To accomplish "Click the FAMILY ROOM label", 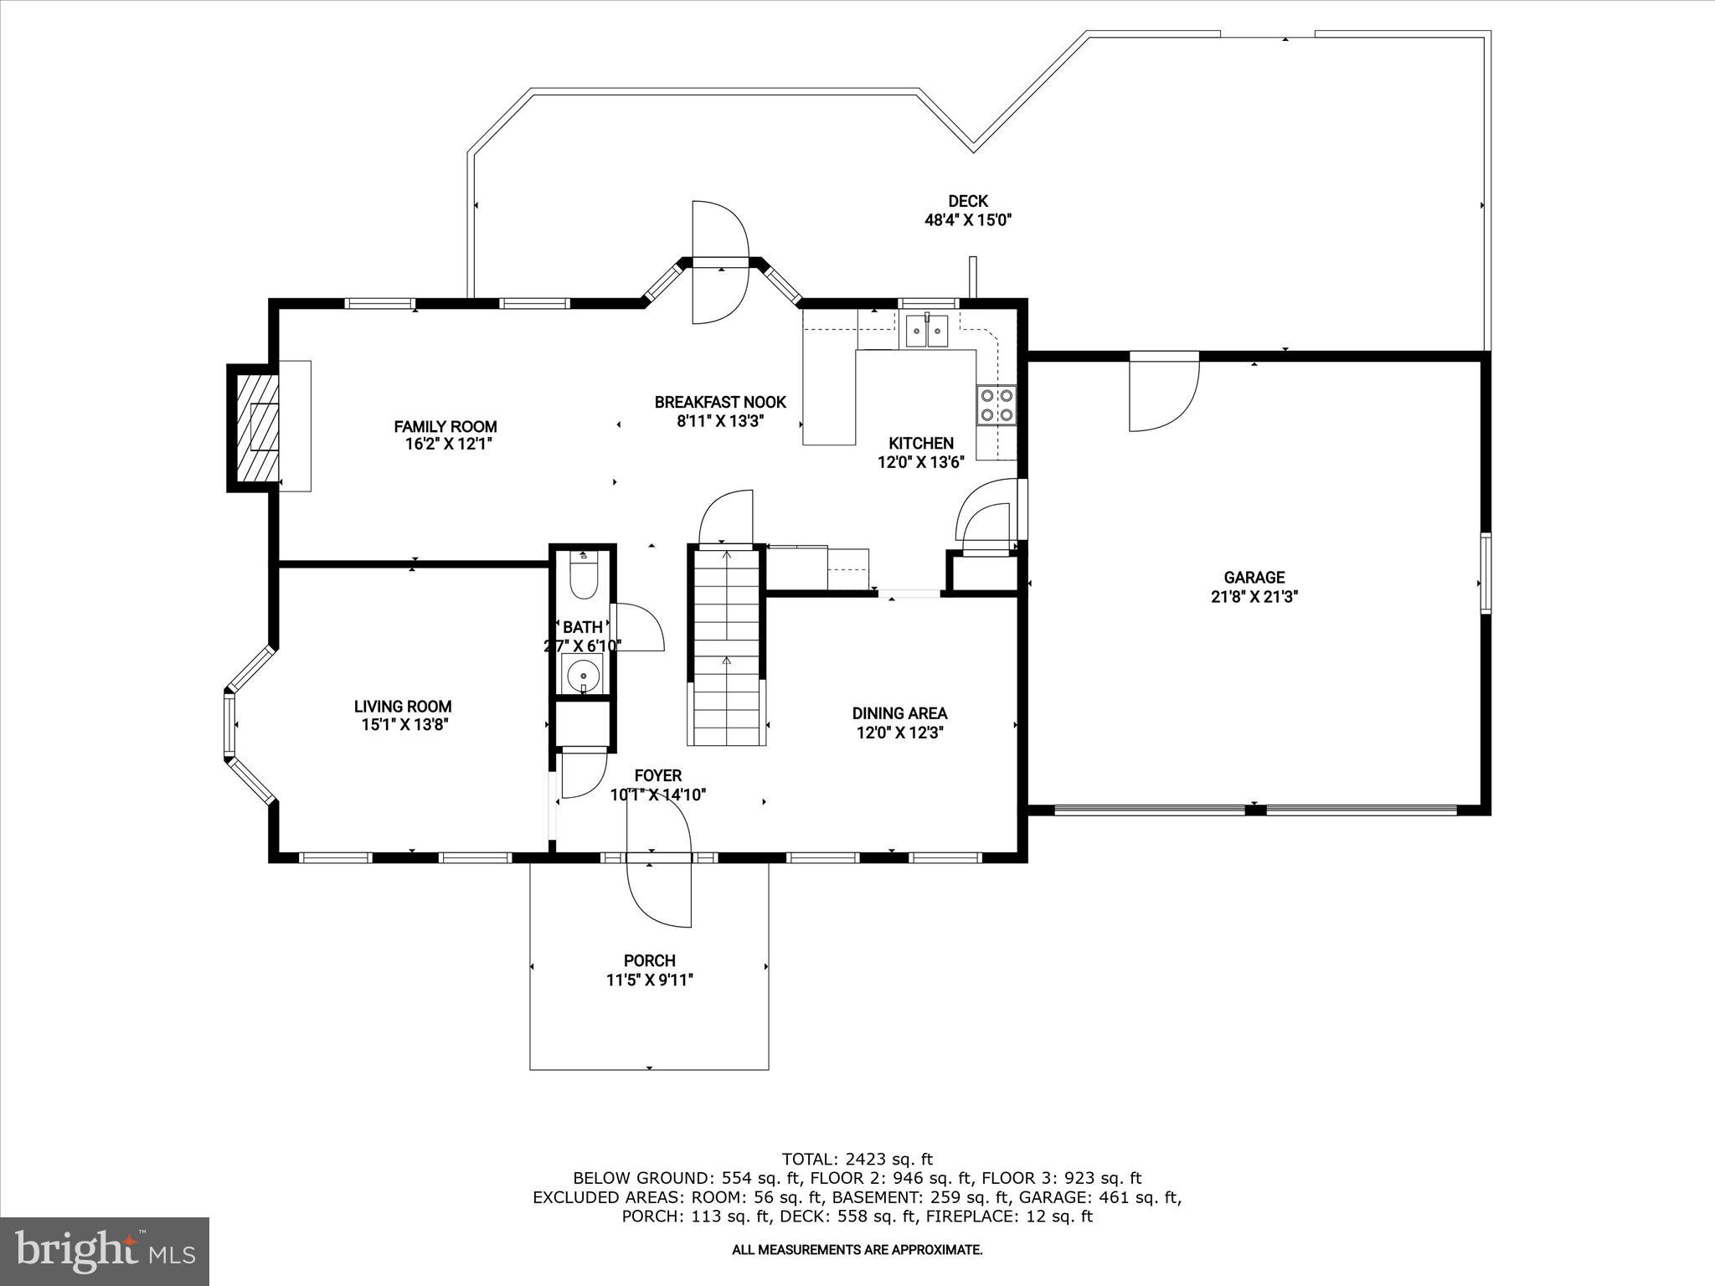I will pyautogui.click(x=445, y=427).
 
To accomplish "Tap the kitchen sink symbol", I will pyautogui.click(x=926, y=332).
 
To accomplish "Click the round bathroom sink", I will pyautogui.click(x=583, y=673).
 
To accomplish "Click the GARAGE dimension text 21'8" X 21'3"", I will pyautogui.click(x=1254, y=597).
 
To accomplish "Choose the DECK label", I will pyautogui.click(x=968, y=201).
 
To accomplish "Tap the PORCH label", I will pyautogui.click(x=649, y=960).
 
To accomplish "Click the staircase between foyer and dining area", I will pyautogui.click(x=727, y=645).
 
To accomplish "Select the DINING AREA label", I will pyautogui.click(x=899, y=713).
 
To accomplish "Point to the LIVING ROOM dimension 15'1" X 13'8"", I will pyautogui.click(x=402, y=725).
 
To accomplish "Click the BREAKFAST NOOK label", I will pyautogui.click(x=720, y=403).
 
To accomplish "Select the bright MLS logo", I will pyautogui.click(x=105, y=1250).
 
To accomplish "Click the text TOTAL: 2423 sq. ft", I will pyautogui.click(x=857, y=1160).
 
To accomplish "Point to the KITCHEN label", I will pyautogui.click(x=920, y=443).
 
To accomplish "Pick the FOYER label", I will pyautogui.click(x=657, y=775).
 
